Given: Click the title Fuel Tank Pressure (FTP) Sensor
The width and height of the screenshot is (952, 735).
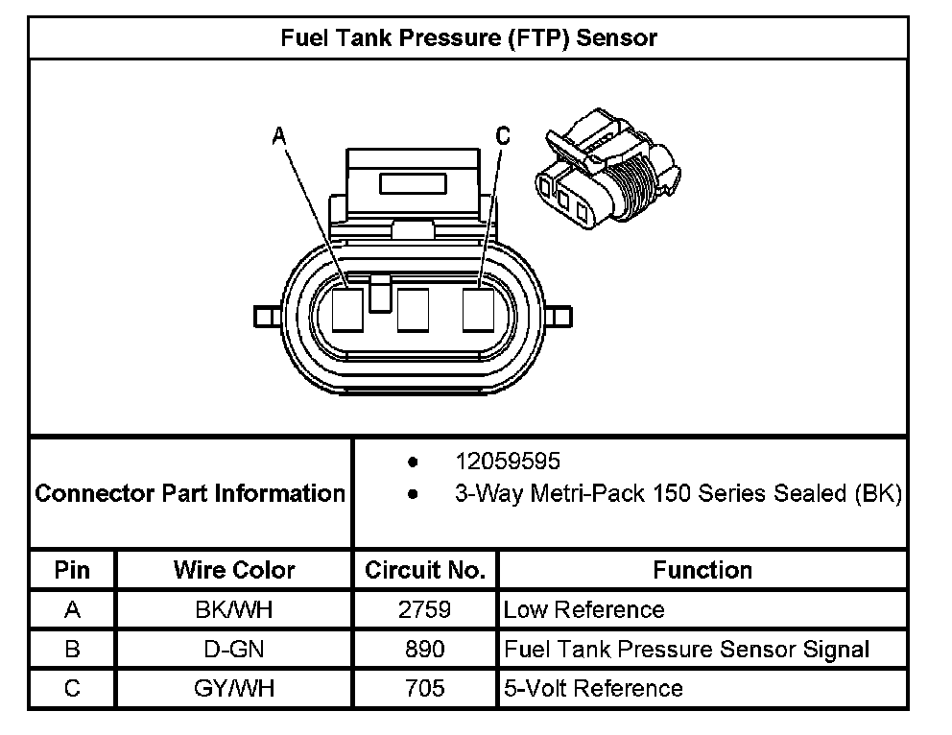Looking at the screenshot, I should pos(468,38).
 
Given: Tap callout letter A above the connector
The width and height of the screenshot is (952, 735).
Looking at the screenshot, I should pos(279,137).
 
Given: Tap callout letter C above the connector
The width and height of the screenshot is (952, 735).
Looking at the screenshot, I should pos(503,137).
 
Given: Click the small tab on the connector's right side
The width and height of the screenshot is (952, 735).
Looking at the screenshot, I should pos(561,316).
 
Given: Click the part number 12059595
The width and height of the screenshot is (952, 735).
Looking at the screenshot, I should pos(508,462).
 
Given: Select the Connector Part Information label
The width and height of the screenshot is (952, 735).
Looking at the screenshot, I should pos(190,494).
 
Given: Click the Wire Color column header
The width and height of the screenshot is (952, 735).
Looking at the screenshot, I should pos(234,570).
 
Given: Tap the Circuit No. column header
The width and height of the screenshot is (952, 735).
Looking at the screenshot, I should pos(425,570).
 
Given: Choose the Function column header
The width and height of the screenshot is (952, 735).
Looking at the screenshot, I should pos(702,570).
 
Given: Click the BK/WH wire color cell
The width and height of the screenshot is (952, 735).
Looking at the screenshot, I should pos(234,609).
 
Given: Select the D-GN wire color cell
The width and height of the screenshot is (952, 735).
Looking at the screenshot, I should pos(234,649).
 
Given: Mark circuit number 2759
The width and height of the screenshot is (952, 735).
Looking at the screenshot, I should pos(425,609).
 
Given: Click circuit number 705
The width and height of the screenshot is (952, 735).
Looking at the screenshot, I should pos(425,688).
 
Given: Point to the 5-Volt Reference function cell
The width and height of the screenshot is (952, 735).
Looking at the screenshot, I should pos(593,688).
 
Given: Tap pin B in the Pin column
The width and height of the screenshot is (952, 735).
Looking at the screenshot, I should pos(72,649).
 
